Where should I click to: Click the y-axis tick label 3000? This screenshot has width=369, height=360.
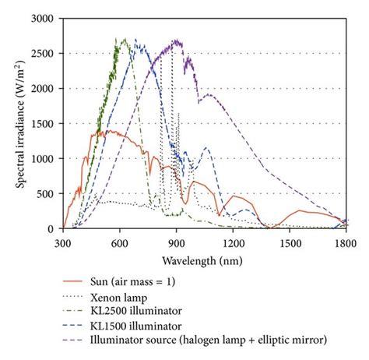(x=46, y=19)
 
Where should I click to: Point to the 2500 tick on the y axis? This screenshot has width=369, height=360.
(x=46, y=54)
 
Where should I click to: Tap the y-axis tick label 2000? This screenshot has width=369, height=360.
(x=46, y=89)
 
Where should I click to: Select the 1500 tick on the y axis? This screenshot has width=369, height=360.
(x=46, y=124)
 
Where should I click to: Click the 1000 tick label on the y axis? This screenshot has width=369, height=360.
(x=46, y=159)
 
